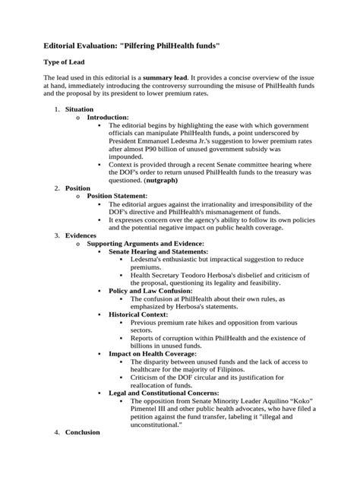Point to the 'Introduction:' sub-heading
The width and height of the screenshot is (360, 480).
[x=108, y=118]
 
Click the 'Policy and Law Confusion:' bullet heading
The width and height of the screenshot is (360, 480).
[x=150, y=291]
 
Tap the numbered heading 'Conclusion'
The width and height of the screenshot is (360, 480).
[x=84, y=432]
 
